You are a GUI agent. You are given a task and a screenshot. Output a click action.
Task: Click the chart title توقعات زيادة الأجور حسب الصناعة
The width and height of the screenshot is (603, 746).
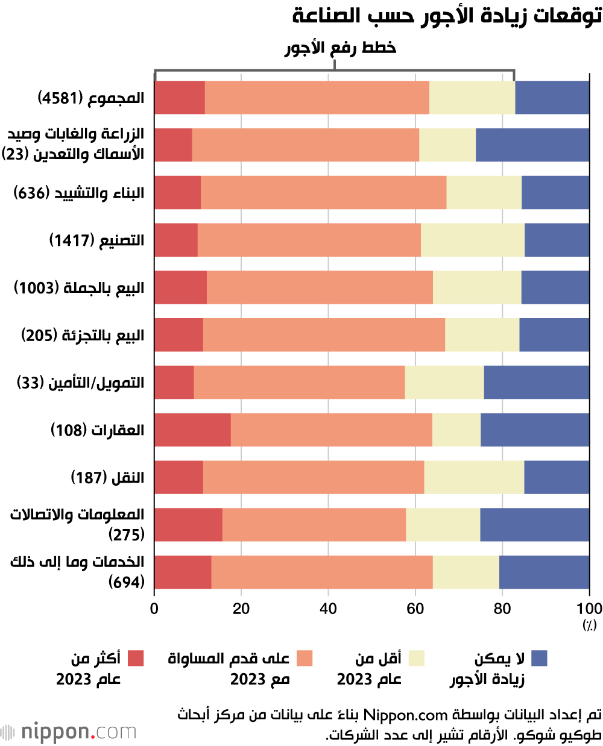(447, 16)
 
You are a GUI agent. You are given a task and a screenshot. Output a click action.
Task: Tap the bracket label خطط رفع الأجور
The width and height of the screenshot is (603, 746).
(340, 48)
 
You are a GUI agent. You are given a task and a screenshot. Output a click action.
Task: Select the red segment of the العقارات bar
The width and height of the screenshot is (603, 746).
(192, 430)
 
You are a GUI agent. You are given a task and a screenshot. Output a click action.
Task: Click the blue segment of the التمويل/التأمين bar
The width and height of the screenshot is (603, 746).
(536, 382)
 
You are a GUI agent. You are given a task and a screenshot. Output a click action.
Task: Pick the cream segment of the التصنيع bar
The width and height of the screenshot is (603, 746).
(472, 240)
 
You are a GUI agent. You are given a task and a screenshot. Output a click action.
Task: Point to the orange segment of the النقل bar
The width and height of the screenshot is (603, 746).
(313, 477)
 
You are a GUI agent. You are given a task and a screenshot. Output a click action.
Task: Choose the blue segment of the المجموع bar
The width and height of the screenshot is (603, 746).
(552, 98)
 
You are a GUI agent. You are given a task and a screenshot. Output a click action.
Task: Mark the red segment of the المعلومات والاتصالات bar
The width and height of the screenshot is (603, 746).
(188, 524)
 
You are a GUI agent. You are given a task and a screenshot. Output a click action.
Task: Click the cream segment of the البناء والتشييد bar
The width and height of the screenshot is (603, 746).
(484, 192)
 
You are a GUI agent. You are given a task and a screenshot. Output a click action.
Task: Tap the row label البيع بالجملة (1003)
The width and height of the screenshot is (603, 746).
(79, 288)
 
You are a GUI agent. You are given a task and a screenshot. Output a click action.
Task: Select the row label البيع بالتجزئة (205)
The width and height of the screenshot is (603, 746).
(83, 336)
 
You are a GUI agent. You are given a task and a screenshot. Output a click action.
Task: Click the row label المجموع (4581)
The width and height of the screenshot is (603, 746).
(91, 98)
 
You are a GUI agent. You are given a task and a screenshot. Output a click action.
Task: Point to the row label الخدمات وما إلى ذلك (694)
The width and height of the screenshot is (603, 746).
(78, 572)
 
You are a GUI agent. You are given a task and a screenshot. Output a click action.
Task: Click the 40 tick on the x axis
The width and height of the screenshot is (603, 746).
(328, 609)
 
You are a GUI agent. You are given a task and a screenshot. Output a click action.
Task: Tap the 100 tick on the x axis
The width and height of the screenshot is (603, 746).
(589, 609)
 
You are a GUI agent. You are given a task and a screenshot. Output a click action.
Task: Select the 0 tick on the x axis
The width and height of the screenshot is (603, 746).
(154, 609)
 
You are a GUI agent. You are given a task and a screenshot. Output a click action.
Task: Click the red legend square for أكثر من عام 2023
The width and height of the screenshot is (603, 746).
(136, 658)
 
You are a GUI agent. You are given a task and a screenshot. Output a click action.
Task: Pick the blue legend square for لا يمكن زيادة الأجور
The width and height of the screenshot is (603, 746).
(539, 658)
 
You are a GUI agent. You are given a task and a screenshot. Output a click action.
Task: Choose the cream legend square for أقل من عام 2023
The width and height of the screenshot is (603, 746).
(417, 658)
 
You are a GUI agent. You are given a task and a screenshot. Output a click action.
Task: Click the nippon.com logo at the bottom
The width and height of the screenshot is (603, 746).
(69, 732)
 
